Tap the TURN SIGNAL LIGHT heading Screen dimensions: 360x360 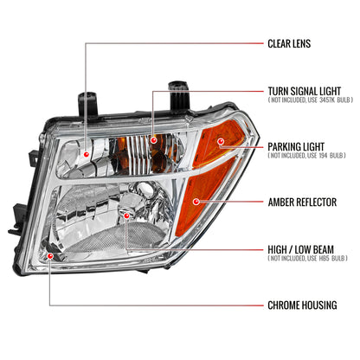point(305,91)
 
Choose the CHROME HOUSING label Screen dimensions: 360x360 point(302,306)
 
